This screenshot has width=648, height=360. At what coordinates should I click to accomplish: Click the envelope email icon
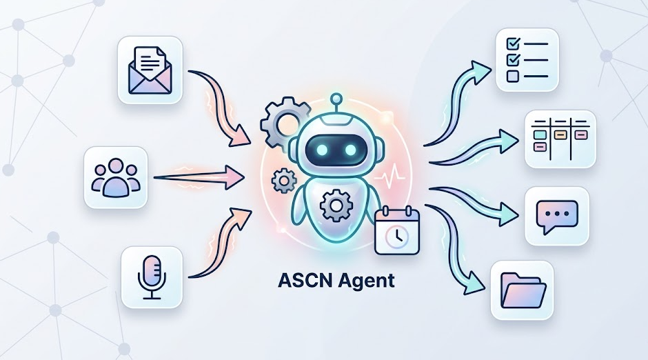(150, 70)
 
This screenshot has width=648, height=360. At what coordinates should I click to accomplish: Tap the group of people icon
(116, 177)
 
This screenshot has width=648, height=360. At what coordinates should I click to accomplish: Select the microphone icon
(152, 277)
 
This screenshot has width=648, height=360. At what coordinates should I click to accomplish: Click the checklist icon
(527, 60)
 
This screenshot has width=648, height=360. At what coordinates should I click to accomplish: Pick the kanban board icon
(560, 139)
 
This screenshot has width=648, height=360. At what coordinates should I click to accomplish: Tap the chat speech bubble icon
(557, 216)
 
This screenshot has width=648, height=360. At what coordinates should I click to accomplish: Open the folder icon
(522, 290)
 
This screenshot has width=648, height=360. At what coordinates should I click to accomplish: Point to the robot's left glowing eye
(323, 150)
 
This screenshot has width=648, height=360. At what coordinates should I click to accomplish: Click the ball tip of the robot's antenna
(337, 99)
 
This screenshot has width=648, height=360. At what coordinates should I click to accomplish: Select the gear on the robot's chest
(336, 205)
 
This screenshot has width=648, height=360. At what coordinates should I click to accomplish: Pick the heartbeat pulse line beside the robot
(389, 176)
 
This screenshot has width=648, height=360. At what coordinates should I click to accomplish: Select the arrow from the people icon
(199, 177)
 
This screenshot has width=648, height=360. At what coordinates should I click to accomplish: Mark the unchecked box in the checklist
(512, 76)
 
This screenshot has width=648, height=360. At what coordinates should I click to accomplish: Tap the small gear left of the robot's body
(284, 180)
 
